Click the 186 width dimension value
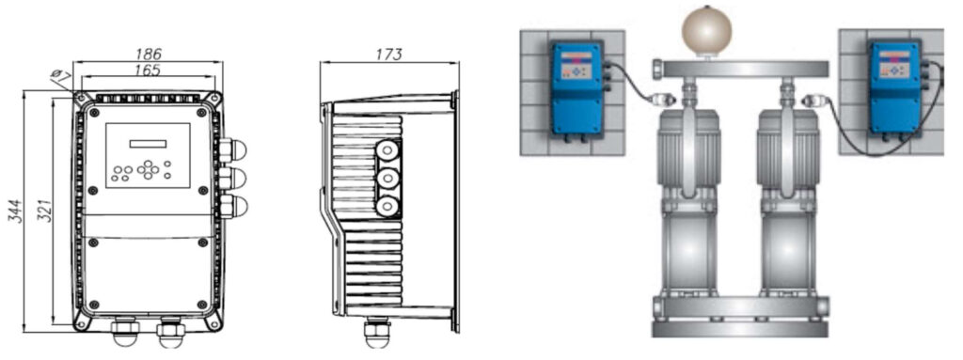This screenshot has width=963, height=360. [x=148, y=55]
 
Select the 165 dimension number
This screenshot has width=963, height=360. [x=147, y=70]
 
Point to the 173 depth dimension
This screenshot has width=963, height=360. [x=388, y=55]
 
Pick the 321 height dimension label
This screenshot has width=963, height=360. [x=44, y=211]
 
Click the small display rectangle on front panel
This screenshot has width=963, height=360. [x=148, y=144]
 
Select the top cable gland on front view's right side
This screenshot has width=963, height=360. [x=232, y=149]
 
